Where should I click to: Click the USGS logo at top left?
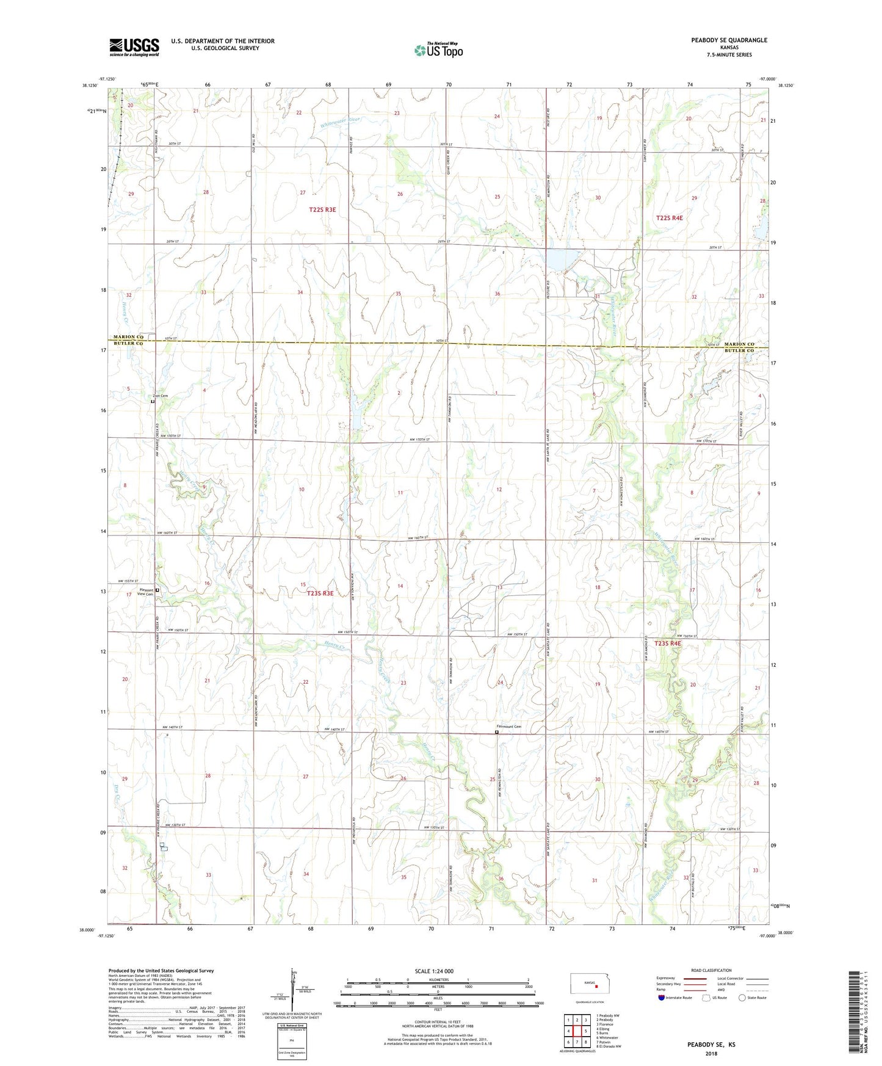coord(134,46)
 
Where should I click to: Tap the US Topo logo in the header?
coord(438,50)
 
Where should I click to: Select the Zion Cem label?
coord(160,396)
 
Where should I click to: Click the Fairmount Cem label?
coord(508,727)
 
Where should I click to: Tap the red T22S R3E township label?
coord(322,209)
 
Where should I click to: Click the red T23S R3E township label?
coord(320,593)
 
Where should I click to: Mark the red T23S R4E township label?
coord(667,644)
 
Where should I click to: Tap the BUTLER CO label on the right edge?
coord(739,350)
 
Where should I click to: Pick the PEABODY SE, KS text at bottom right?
coord(711,1045)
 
